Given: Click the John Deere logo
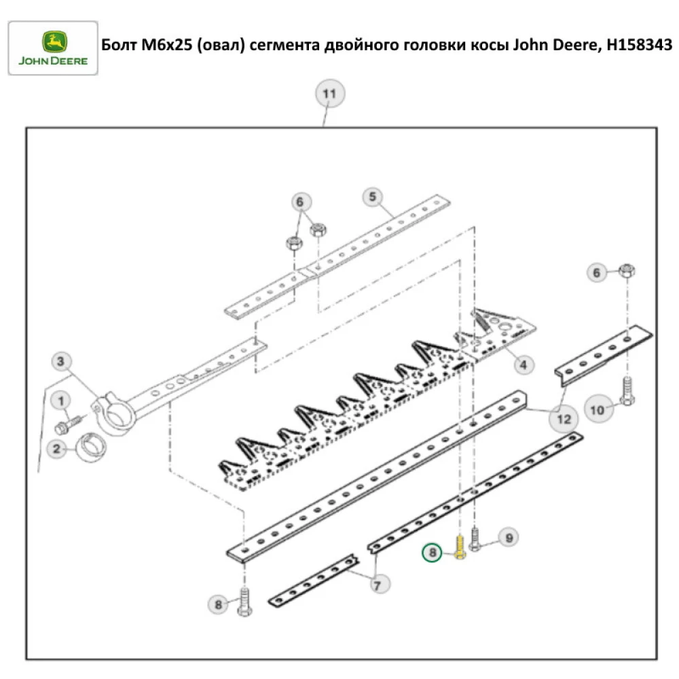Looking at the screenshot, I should pos(52,48).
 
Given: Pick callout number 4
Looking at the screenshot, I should pos(523,365).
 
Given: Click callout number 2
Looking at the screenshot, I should pos(57,448).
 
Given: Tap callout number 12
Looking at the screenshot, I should pos(564,419).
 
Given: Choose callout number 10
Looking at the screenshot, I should pos(597,409).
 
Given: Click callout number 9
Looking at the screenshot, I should pos(508,538).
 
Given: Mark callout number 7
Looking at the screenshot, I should pos(378,583).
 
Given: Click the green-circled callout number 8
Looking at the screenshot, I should pos(432,554).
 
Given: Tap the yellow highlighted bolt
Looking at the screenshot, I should pos(460,545).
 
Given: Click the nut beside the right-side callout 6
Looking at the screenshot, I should pos(627,272).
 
